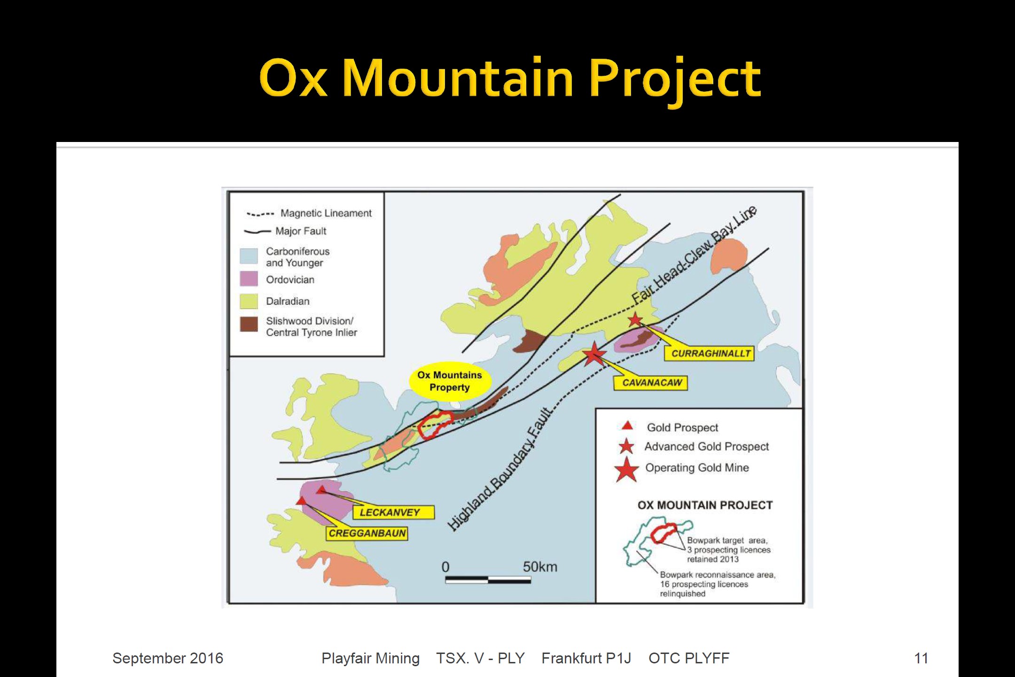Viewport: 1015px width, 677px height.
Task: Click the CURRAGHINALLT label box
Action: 709,354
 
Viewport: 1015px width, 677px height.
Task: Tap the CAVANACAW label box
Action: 651,383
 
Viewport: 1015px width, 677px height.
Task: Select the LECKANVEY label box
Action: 393,512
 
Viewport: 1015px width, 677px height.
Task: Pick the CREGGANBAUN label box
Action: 367,533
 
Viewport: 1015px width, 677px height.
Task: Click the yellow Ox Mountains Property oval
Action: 450,381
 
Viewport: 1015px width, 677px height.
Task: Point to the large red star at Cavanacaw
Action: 594,354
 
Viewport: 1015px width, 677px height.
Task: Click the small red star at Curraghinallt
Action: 635,320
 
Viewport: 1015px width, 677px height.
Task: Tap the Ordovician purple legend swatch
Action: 249,279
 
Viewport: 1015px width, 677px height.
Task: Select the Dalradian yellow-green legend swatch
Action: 249,301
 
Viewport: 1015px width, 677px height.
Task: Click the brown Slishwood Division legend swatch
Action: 249,324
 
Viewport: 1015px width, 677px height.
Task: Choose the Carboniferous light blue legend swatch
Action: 249,256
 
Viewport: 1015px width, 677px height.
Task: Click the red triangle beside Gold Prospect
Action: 627,426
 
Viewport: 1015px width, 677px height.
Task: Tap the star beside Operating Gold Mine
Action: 626,469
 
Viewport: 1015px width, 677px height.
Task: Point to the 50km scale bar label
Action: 540,567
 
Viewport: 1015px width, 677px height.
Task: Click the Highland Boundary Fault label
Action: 500,470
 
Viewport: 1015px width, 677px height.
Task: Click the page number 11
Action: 921,658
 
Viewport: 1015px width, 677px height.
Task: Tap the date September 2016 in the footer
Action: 168,658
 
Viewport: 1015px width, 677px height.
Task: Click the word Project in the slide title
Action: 675,78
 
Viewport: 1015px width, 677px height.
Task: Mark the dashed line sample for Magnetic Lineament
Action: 260,214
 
